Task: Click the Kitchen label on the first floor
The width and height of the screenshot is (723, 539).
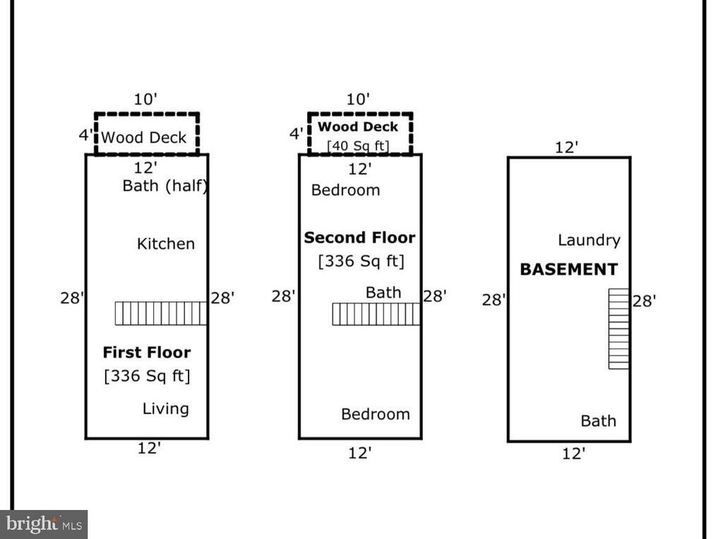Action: (166, 243)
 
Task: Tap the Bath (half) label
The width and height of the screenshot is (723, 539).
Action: (165, 186)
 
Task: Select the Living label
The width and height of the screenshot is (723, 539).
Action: (165, 408)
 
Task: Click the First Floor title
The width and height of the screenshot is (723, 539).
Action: (147, 353)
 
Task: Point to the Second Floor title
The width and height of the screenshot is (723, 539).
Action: (359, 238)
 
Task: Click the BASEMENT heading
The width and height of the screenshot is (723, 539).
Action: (568, 269)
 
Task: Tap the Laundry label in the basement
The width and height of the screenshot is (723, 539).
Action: (589, 240)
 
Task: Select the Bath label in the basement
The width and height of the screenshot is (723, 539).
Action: (598, 421)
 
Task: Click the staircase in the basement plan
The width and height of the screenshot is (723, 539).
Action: (619, 329)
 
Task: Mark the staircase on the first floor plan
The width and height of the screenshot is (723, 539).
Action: (161, 313)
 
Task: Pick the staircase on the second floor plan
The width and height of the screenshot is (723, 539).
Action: (376, 314)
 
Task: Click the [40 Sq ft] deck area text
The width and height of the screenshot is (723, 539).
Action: (358, 146)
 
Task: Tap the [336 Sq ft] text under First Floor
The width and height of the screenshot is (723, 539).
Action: (147, 376)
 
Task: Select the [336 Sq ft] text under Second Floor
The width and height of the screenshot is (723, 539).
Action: (361, 261)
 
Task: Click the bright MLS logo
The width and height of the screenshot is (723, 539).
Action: (44, 524)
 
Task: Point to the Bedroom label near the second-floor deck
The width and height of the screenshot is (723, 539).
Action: (345, 190)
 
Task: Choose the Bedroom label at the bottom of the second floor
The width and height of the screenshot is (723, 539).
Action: (376, 414)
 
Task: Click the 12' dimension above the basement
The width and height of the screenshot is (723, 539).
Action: (566, 147)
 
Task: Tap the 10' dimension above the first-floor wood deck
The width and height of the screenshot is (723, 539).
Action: (145, 99)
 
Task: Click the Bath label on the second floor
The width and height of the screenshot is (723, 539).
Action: (383, 293)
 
